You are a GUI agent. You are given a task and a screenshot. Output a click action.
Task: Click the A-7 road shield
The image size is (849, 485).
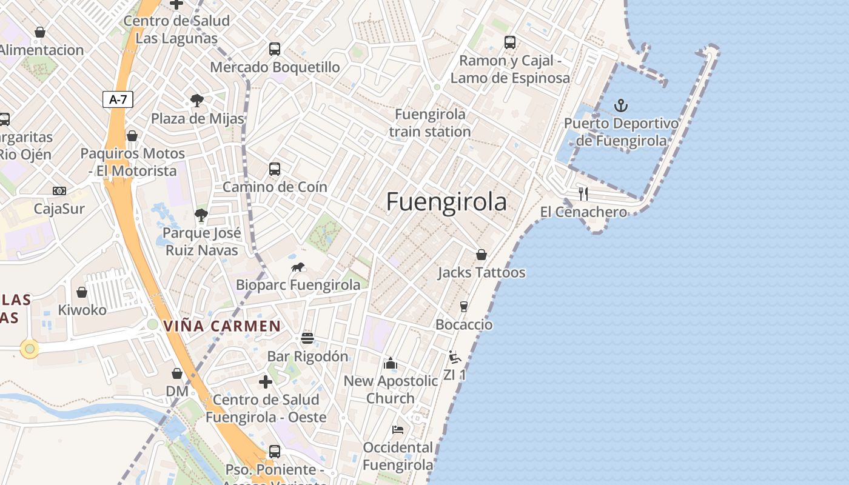point(118,99)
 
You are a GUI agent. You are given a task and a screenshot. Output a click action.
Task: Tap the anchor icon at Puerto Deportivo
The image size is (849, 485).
point(620,106)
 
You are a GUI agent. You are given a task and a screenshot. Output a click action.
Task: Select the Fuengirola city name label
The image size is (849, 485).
point(446,202)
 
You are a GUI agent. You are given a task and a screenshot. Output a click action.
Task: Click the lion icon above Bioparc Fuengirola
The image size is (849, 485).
point(297,267)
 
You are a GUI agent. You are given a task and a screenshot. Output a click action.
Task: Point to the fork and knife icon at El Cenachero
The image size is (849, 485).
point(583,194)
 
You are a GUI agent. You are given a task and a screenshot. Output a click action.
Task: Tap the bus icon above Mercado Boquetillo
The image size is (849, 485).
point(275,49)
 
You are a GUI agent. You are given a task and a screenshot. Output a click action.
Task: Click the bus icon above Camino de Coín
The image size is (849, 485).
point(275,169)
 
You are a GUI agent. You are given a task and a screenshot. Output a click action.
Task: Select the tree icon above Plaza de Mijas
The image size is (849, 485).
point(196,101)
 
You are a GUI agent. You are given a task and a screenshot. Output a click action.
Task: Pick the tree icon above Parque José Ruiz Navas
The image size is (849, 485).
point(201,215)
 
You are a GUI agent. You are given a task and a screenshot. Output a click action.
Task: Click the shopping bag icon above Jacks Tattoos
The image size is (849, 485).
point(482,255)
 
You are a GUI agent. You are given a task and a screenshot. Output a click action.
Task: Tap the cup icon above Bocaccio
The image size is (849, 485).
point(464,307)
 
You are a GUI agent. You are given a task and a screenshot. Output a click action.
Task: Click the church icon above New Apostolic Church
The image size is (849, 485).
point(391,363)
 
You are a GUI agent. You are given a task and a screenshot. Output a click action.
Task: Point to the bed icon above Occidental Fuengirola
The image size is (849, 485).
point(398,430)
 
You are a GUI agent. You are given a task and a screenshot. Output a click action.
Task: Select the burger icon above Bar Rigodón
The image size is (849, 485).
point(307,338)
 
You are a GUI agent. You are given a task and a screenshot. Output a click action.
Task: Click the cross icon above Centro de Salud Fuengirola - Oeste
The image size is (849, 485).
point(266,382)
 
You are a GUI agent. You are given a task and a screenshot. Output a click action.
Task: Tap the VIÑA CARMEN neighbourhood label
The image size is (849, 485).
point(222,326)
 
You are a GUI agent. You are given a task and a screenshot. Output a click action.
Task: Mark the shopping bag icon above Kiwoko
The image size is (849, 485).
point(82,292)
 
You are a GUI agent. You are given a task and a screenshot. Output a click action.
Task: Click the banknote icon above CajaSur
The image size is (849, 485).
point(59,191)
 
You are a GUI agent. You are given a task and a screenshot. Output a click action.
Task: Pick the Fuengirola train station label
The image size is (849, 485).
point(430,123)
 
